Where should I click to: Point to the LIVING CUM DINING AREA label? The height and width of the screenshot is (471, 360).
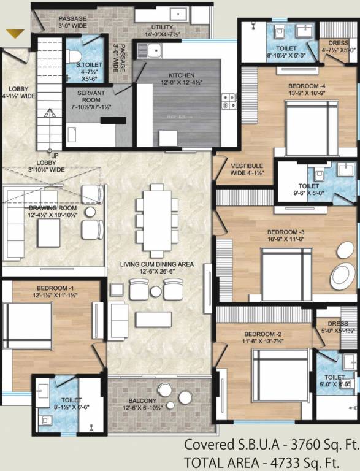point(156,264)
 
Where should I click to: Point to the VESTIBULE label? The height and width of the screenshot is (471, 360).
point(247,166)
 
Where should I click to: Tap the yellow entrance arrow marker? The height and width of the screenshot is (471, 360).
point(15,35)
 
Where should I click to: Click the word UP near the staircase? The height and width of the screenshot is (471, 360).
point(55,155)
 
